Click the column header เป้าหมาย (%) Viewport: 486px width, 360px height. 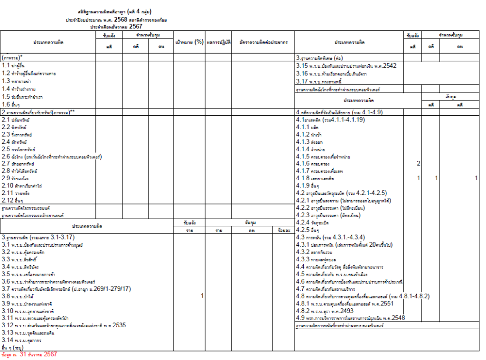pyautogui.click(x=189, y=42)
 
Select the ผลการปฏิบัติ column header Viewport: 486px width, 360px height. pyautogui.click(x=219, y=42)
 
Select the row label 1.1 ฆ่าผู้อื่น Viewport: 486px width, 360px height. pyautogui.click(x=14, y=65)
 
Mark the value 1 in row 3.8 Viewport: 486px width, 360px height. pyautogui.click(x=202, y=295)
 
